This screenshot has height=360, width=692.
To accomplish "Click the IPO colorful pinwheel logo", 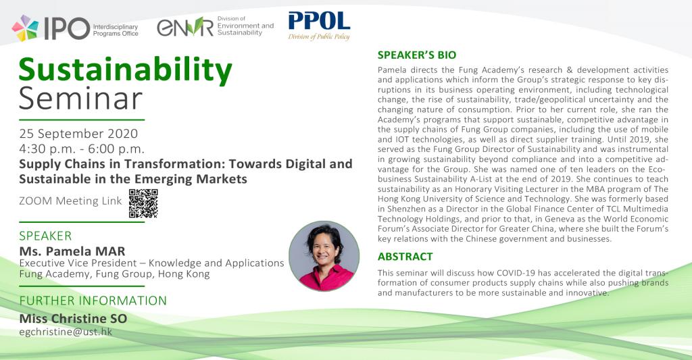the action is click(25, 28).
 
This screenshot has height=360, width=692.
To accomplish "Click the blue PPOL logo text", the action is click(319, 21).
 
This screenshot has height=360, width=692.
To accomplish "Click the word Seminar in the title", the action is click(81, 99).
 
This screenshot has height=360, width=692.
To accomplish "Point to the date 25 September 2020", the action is click(78, 133).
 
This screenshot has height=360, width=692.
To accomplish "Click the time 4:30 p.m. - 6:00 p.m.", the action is click(82, 149).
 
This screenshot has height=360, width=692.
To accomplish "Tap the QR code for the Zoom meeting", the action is click(143, 203).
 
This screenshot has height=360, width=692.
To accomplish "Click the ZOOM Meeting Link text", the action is click(70, 201).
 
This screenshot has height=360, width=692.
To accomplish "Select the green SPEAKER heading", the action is click(45, 236).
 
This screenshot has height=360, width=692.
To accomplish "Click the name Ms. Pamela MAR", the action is click(72, 251).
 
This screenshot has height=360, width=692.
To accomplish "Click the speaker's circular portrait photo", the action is click(324, 256).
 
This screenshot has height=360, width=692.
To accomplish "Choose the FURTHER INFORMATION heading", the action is click(93, 301).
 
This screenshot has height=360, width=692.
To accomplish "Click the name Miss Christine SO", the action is click(73, 319).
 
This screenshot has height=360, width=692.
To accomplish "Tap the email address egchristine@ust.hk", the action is click(66, 332).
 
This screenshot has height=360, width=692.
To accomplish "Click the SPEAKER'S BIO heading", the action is click(416, 55).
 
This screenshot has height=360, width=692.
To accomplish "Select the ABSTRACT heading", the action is click(405, 257).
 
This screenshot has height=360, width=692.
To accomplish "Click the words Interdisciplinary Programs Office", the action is click(116, 30).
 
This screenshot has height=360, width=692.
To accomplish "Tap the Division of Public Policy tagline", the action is click(319, 36).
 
